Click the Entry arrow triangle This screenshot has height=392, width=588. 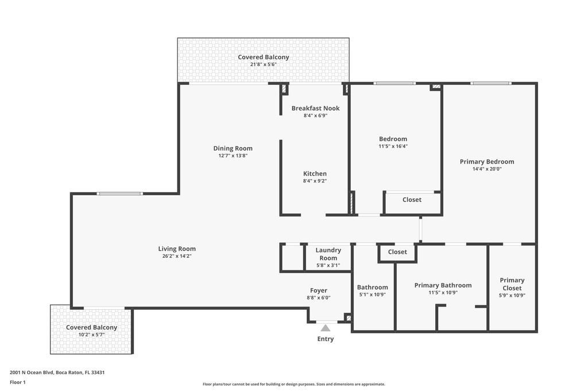click(x=326, y=328)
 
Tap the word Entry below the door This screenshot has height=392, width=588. click(x=326, y=339)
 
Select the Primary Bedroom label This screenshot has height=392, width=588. click(x=487, y=162)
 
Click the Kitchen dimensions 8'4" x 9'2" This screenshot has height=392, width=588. click(x=315, y=181)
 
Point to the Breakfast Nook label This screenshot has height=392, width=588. click(x=315, y=108)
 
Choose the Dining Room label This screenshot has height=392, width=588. click(x=233, y=149)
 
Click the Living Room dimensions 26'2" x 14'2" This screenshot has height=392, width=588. click(x=177, y=257)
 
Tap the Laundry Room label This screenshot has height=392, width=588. click(x=328, y=254)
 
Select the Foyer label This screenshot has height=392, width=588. click(x=319, y=290)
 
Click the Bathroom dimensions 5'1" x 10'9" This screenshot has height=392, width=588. click(x=373, y=295)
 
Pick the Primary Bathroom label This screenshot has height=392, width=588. click(x=443, y=285)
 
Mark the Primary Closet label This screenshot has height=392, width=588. click(x=512, y=284)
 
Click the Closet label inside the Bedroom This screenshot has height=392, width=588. click(x=412, y=200)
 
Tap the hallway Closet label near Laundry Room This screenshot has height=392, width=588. click(x=397, y=252)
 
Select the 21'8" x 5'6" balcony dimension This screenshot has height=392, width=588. click(x=264, y=65)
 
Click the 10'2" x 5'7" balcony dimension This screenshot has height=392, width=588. click(x=91, y=335)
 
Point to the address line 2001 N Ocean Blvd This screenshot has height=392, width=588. click(x=57, y=372)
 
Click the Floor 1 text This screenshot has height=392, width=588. click(x=18, y=382)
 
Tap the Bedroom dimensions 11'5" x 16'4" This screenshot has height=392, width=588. click(x=393, y=146)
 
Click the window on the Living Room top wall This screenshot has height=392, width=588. click(x=119, y=193)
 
